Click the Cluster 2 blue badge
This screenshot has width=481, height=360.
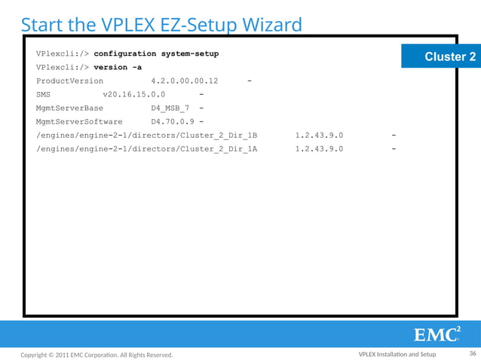(x=450, y=56)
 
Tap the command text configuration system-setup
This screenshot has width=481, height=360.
(x=156, y=54)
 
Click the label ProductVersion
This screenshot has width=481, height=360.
(x=69, y=81)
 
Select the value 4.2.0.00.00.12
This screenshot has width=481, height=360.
(x=184, y=81)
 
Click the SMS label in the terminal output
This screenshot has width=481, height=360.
(x=43, y=94)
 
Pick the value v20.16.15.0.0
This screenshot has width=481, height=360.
(x=133, y=94)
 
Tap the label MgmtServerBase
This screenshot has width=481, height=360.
(x=69, y=108)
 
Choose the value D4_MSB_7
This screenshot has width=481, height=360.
(x=170, y=108)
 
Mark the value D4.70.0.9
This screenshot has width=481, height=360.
(x=173, y=121)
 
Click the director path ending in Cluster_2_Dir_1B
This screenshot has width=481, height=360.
(x=146, y=135)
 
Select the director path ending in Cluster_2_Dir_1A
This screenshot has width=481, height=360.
(x=146, y=148)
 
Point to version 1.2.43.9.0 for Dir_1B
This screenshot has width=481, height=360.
(x=319, y=135)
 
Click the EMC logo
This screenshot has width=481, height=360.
(x=437, y=334)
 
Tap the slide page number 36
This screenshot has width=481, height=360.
(x=473, y=354)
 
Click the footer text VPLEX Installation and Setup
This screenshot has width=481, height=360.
(x=397, y=355)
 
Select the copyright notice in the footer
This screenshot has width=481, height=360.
(x=97, y=355)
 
